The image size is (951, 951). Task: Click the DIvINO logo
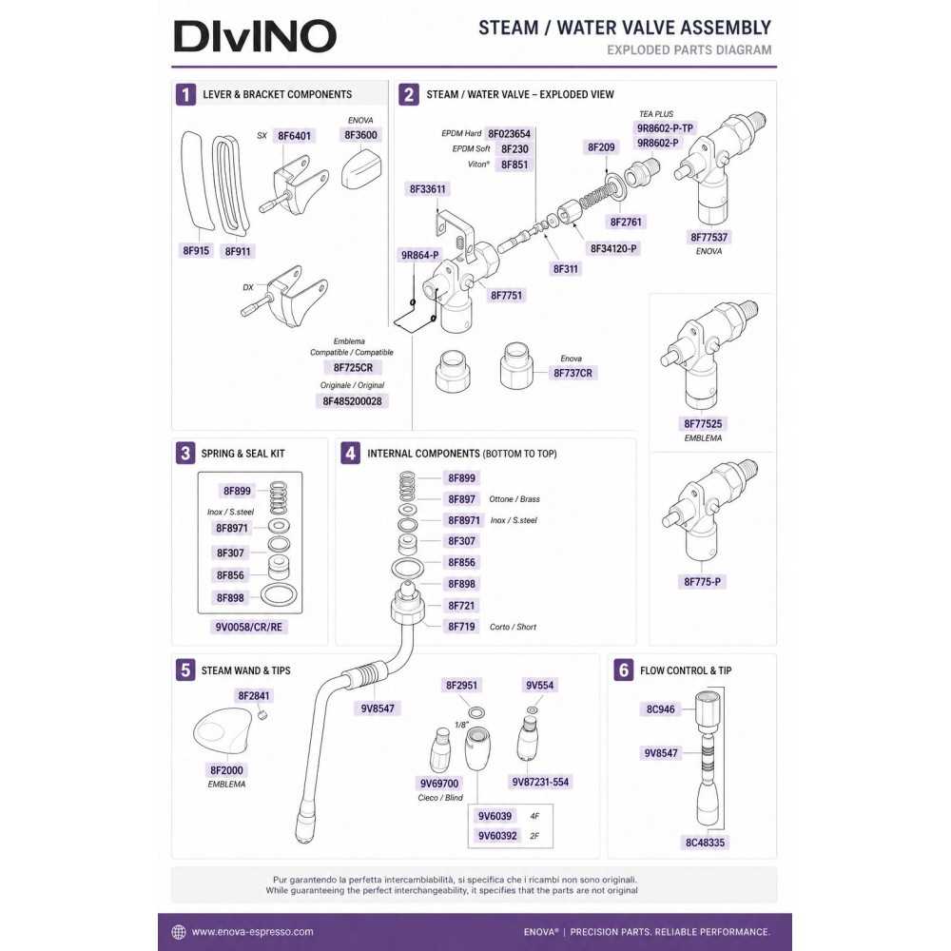[x=255, y=36]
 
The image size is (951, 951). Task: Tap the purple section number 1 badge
[x=185, y=94]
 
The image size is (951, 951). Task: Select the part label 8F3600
[x=360, y=135]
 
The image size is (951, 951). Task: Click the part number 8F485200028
[x=353, y=401]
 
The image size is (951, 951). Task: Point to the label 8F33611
[x=428, y=189]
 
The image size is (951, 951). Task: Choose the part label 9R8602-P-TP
[x=665, y=128]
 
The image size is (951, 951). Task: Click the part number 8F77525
[x=703, y=424]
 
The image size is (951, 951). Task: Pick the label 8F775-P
[x=703, y=582]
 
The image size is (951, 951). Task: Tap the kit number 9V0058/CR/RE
[x=248, y=627]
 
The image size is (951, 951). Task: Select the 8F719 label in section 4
[x=461, y=627]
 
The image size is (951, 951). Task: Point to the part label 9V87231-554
[x=540, y=783]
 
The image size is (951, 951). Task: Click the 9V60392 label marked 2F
[x=497, y=836]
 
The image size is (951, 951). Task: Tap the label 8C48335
[x=705, y=843]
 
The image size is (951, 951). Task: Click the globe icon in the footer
[x=179, y=932]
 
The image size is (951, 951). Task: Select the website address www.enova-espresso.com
[x=252, y=932]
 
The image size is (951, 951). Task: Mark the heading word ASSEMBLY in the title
[x=726, y=28]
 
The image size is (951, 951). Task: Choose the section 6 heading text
[x=686, y=670]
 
